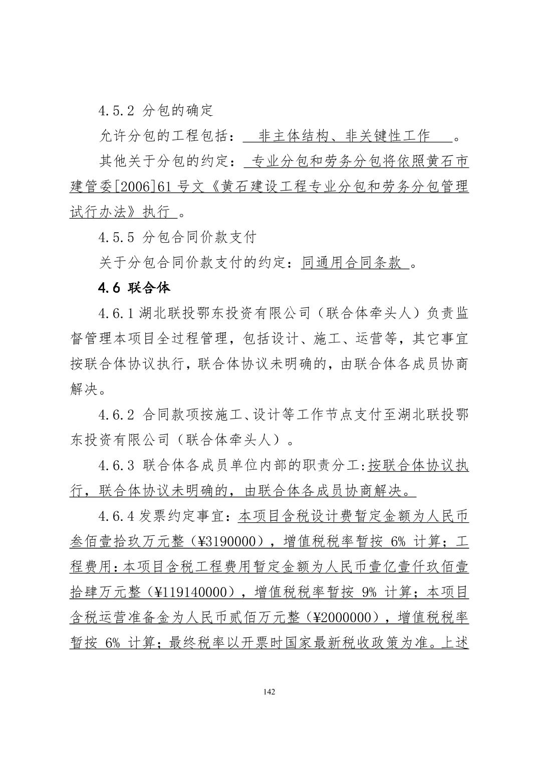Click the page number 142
coord(269,692)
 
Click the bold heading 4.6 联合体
coord(134,288)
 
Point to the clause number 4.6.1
coord(116,314)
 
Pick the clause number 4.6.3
coord(116,465)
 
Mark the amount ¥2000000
coord(346,618)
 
